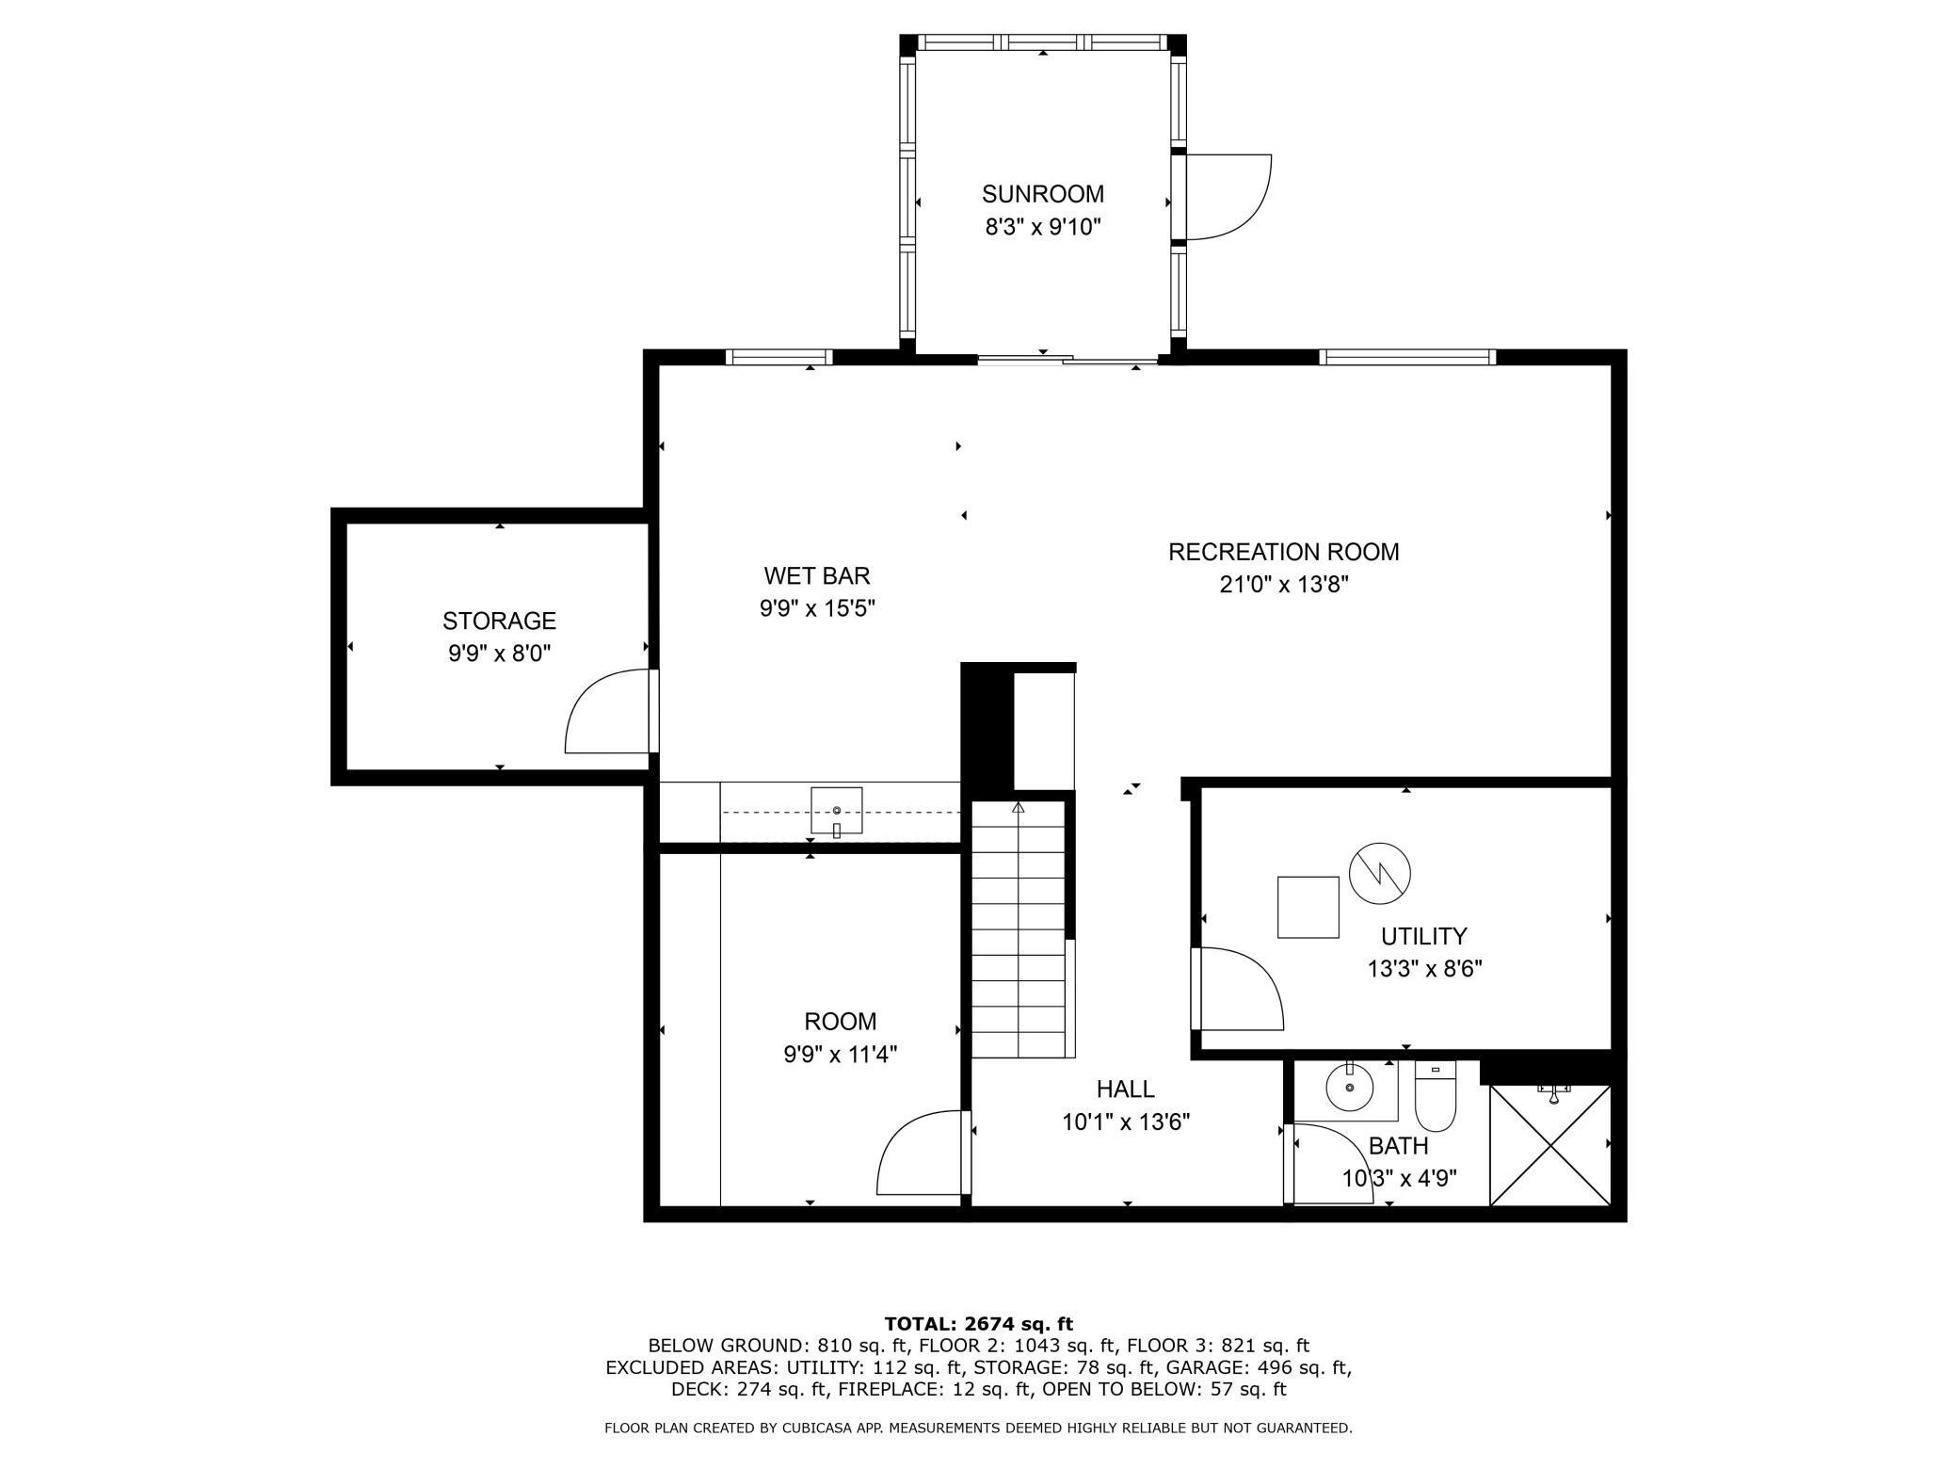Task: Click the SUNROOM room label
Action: coord(1042,194)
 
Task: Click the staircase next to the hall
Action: coord(1019,928)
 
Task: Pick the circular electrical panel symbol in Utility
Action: coord(1379,872)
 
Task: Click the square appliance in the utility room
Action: coord(1308,907)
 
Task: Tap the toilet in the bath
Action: coord(1435,1097)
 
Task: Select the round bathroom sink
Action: coord(1349,1089)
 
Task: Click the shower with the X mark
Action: coord(1549,1144)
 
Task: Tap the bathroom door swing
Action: coord(1332,1164)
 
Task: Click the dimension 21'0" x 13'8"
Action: coord(1284,585)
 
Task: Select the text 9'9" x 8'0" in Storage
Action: coord(499,653)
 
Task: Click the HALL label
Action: coord(1125,1090)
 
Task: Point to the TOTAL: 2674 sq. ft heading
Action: coord(978,1324)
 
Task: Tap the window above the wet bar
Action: coord(778,358)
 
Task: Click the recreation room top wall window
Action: coord(1406,358)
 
